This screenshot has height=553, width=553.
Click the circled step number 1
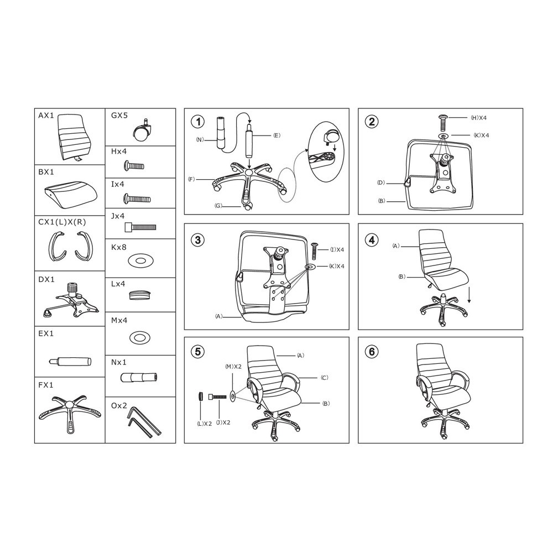pyautogui.click(x=198, y=122)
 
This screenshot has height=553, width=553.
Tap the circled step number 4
pyautogui.click(x=372, y=240)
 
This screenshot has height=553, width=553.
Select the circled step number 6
pyautogui.click(x=372, y=352)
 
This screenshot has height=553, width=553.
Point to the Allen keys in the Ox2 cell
pyautogui.click(x=144, y=422)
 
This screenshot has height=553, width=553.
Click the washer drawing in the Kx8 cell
pyautogui.click(x=140, y=260)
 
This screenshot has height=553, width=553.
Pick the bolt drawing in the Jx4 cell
pyautogui.click(x=140, y=227)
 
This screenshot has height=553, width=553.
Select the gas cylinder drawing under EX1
pyautogui.click(x=70, y=362)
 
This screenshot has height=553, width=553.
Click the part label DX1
pyautogui.click(x=46, y=280)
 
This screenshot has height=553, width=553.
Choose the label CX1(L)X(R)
pyautogui.click(x=62, y=222)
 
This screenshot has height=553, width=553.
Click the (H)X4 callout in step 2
pyautogui.click(x=478, y=118)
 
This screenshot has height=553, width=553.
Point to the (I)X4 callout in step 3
pyautogui.click(x=337, y=250)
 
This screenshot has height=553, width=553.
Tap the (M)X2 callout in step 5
pyautogui.click(x=233, y=367)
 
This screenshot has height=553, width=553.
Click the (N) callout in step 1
pyautogui.click(x=200, y=139)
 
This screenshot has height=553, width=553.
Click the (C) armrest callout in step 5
pyautogui.click(x=325, y=378)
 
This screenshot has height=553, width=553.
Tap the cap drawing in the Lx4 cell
pyautogui.click(x=140, y=295)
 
